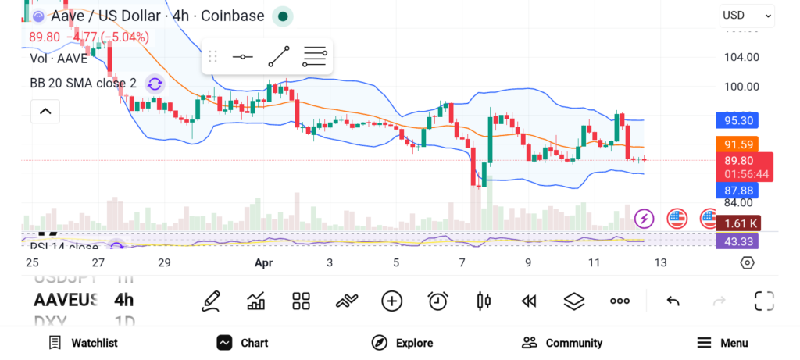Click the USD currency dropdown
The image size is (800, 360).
point(747,15)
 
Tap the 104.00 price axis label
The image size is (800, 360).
point(741,57)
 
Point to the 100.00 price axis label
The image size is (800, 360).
point(741,87)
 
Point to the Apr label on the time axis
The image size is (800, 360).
point(263,262)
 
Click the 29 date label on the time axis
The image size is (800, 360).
point(164,262)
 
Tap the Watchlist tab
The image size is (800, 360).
point(83,343)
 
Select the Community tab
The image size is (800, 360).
point(562,343)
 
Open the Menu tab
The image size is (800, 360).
point(722,343)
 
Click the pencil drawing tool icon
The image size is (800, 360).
point(210,301)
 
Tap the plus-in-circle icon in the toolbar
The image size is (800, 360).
point(391,301)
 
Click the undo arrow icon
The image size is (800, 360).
point(673,301)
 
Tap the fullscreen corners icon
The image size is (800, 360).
point(764,301)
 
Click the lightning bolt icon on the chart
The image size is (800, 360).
point(644,218)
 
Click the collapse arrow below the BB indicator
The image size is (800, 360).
point(45,112)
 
